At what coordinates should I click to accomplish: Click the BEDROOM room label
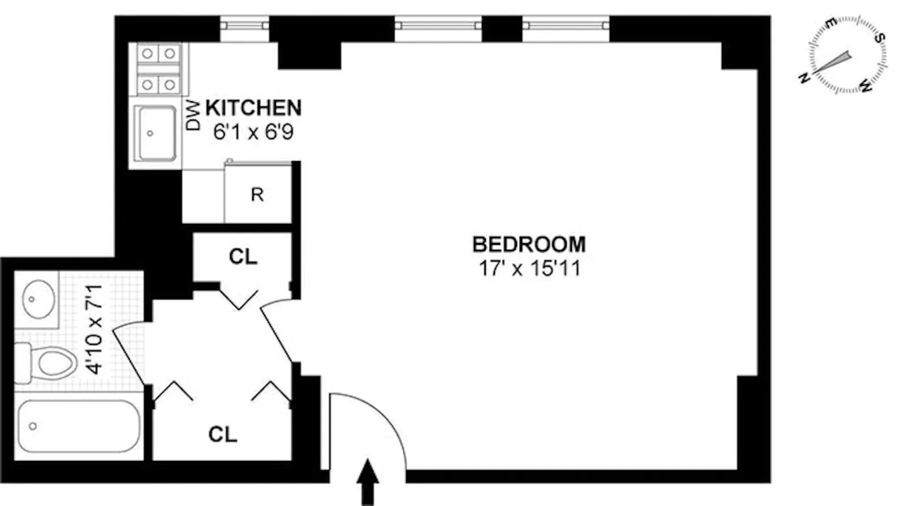pyautogui.click(x=529, y=244)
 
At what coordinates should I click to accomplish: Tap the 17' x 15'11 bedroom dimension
pyautogui.click(x=529, y=268)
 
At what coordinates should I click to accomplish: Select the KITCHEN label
pyautogui.click(x=253, y=107)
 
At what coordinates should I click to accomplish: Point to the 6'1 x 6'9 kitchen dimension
pyautogui.click(x=253, y=132)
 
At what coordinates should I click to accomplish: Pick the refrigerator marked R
pyautogui.click(x=257, y=194)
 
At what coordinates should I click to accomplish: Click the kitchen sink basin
pyautogui.click(x=155, y=133)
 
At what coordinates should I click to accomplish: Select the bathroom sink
pyautogui.click(x=38, y=299)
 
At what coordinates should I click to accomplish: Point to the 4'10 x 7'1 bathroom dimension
pyautogui.click(x=94, y=330)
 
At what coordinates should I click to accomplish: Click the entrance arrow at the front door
pyautogui.click(x=368, y=481)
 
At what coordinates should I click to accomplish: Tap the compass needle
pyautogui.click(x=834, y=64)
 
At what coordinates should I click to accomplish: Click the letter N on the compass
pyautogui.click(x=803, y=79)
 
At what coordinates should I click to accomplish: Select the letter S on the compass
pyautogui.click(x=880, y=37)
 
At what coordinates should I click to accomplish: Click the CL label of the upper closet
pyautogui.click(x=243, y=257)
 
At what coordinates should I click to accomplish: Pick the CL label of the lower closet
pyautogui.click(x=222, y=434)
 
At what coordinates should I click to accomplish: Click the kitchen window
pyautogui.click(x=244, y=25)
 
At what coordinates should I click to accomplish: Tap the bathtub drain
pyautogui.click(x=33, y=426)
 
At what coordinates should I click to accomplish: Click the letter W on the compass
pyautogui.click(x=866, y=86)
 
